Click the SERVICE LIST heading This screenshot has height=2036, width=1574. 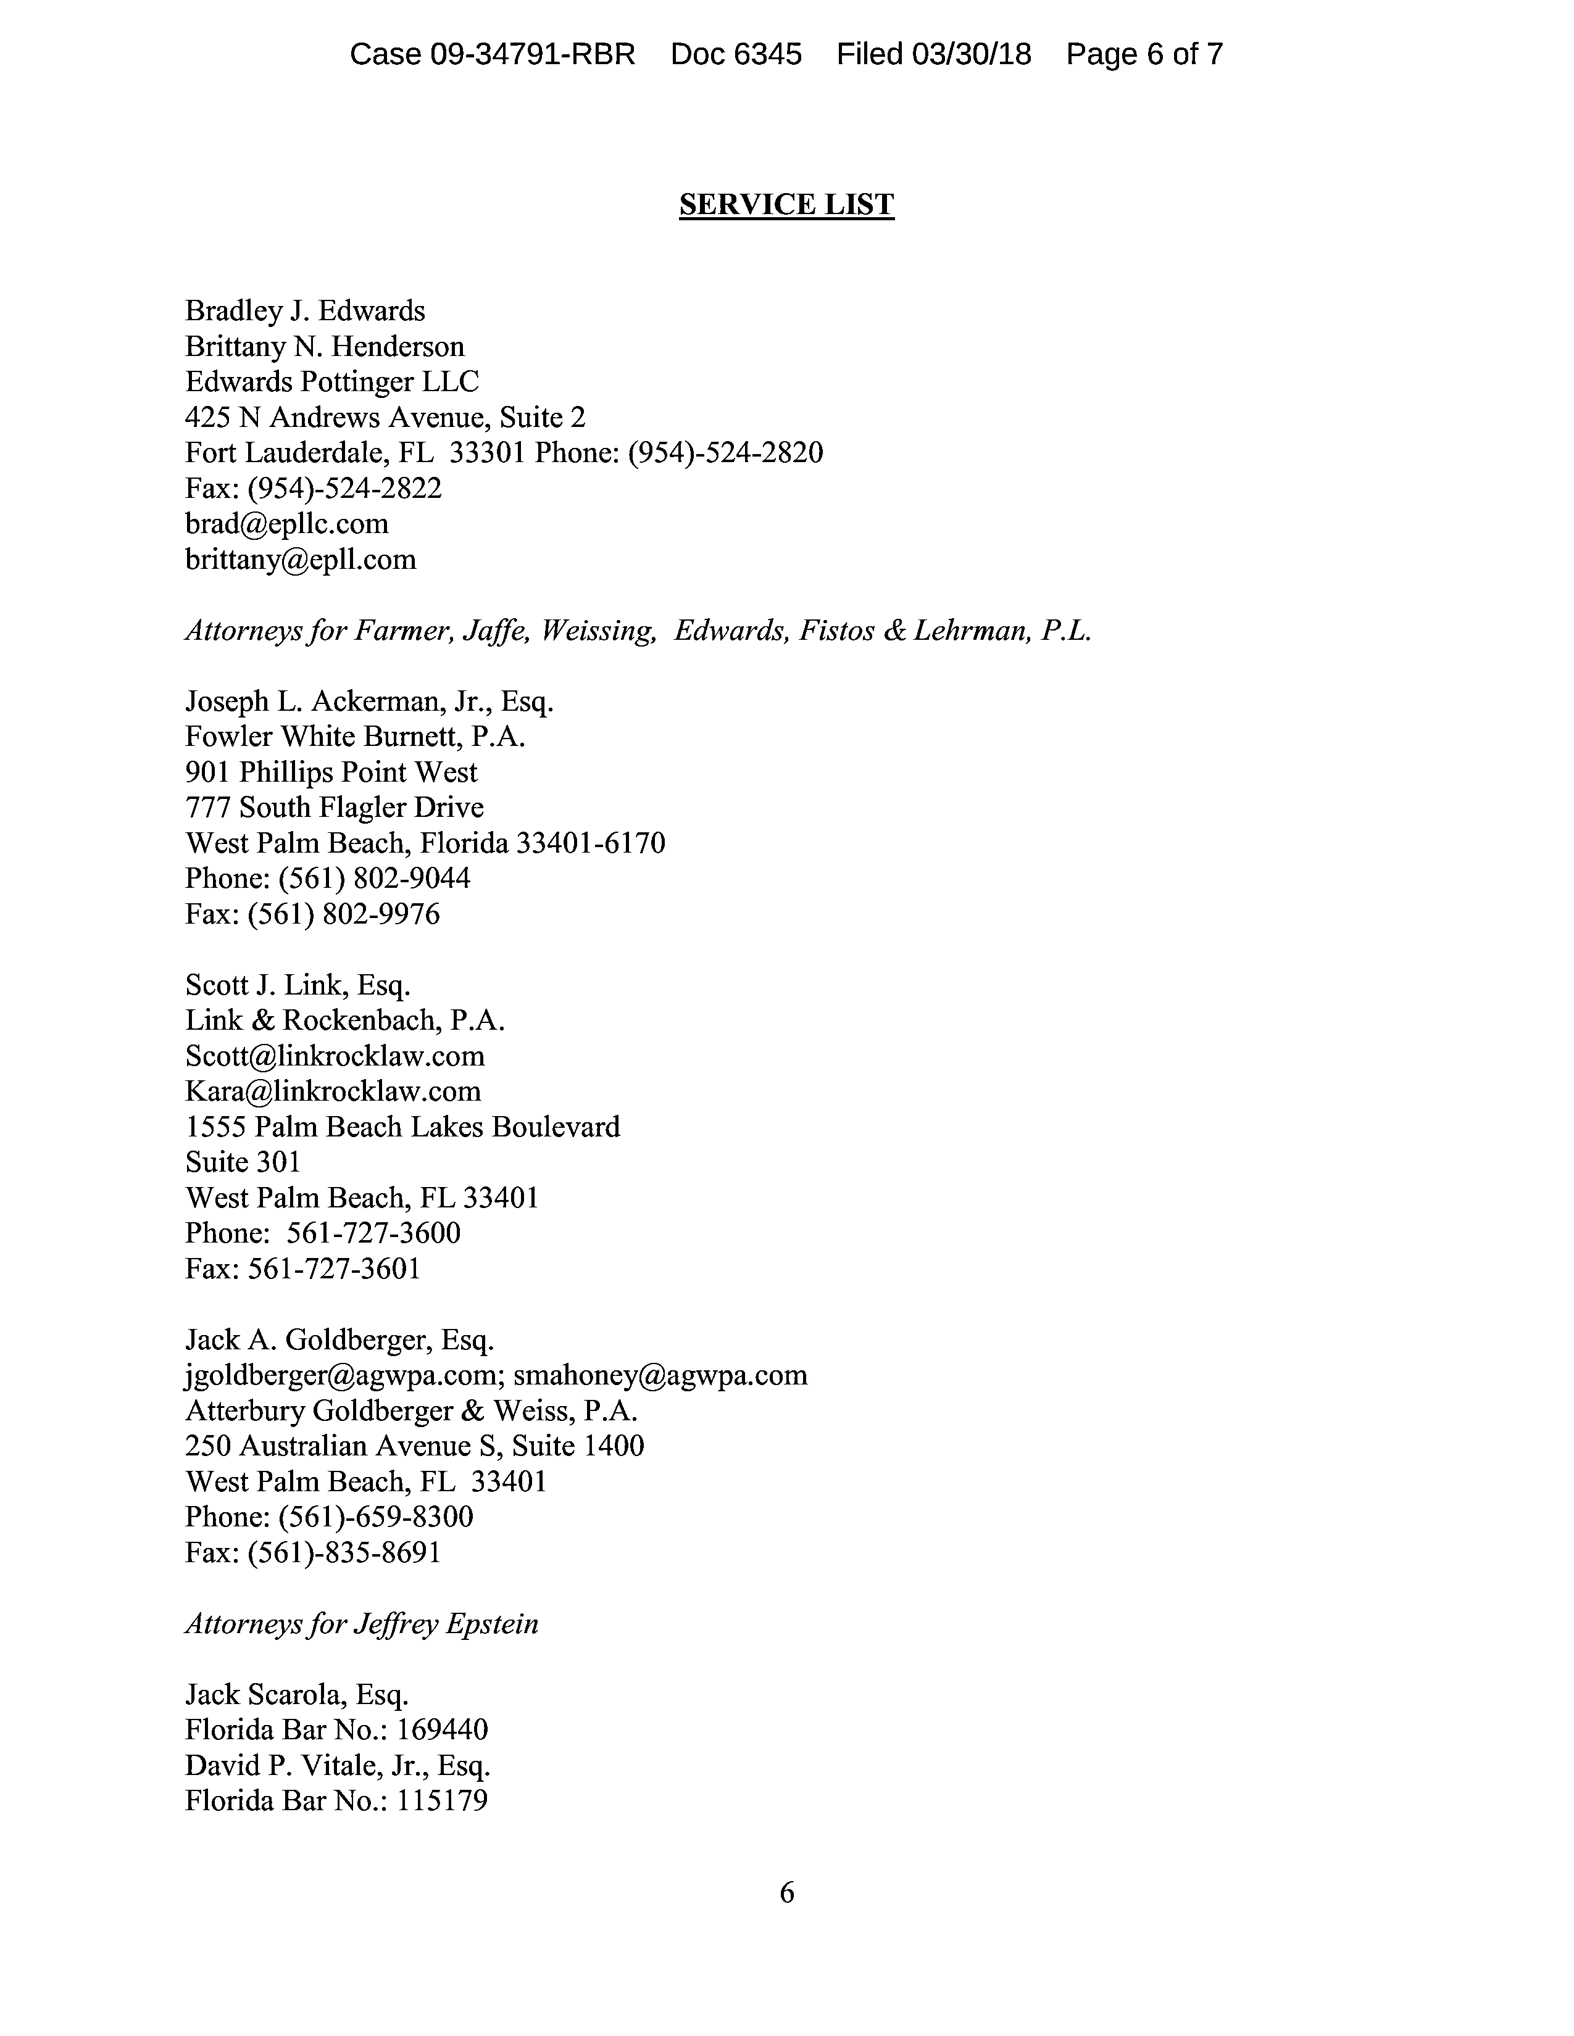coord(786,204)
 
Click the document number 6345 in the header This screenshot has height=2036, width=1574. coord(767,54)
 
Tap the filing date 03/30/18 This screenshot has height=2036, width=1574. coord(972,54)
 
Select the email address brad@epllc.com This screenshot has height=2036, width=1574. coord(286,524)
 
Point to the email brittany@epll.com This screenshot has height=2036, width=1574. coord(300,560)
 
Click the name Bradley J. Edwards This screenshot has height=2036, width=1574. coord(305,310)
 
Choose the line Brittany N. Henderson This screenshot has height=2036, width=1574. coord(325,346)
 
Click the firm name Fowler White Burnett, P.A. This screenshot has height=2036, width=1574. coord(356,737)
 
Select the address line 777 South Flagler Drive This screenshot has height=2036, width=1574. coord(335,808)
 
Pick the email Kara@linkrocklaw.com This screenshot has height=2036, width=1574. coord(333,1091)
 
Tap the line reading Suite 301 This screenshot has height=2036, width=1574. coord(243,1162)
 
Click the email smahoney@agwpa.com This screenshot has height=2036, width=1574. coord(660,1375)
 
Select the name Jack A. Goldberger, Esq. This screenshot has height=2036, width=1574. coord(339,1339)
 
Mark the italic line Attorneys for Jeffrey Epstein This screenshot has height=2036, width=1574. coord(362,1623)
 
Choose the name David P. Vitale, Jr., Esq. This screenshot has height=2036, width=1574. coord(338,1765)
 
